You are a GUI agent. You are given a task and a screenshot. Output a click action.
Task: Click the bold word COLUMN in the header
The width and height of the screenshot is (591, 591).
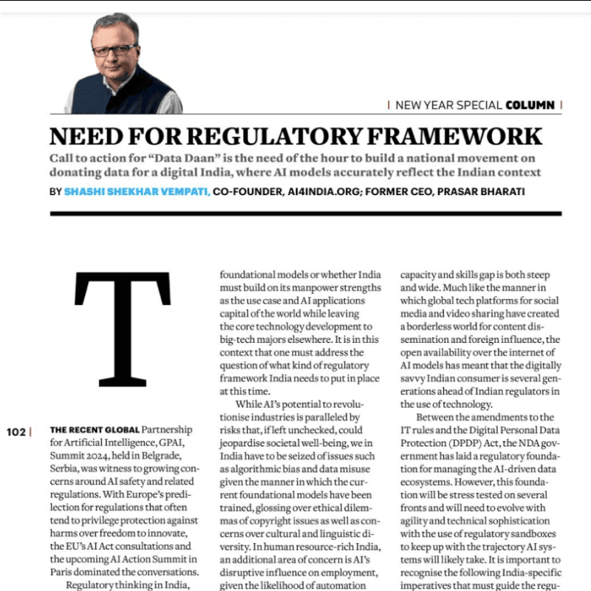pyautogui.click(x=530, y=105)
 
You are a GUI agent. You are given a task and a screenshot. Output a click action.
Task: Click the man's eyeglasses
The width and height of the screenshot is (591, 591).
pyautogui.click(x=115, y=49)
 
